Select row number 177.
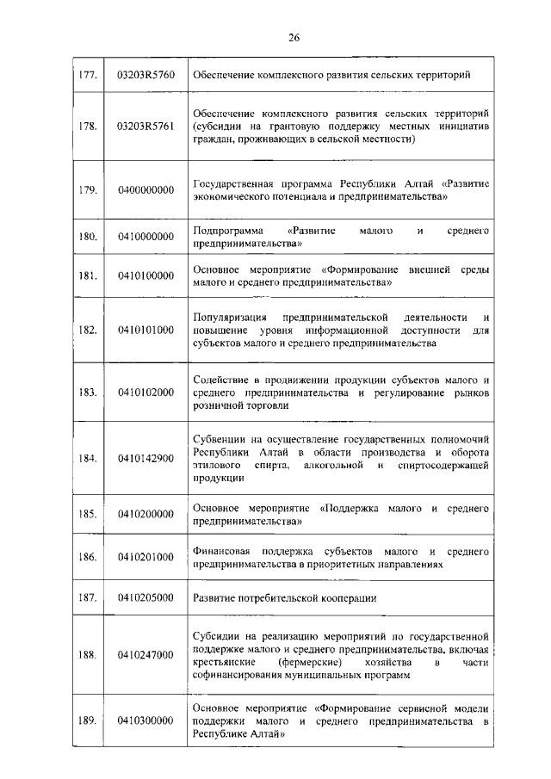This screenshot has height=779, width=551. point(88,76)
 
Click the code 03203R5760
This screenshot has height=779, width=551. point(145,76)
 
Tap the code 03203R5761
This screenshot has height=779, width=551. point(145,126)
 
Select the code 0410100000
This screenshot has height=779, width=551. point(145,275)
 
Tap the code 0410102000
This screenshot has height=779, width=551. point(145,392)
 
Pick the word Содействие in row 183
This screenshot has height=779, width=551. point(222,380)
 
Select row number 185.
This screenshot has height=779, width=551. point(88,515)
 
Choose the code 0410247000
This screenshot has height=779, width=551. point(145,655)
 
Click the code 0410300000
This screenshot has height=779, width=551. point(145,720)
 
